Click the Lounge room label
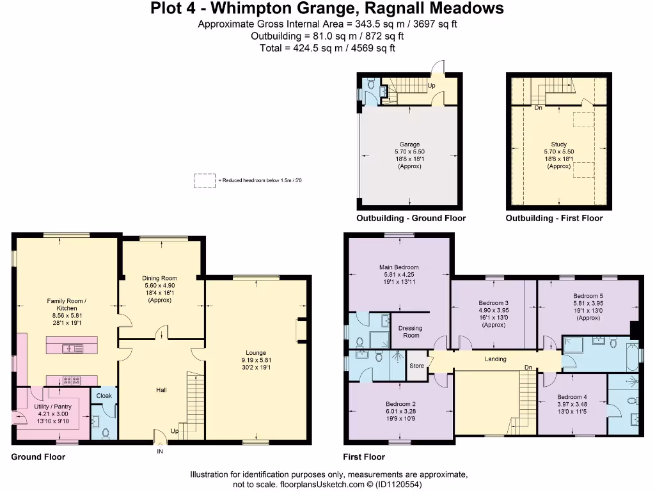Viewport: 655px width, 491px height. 256,353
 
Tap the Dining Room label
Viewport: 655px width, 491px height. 159,278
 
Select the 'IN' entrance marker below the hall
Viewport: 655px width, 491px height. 160,451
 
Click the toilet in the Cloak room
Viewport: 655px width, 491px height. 106,433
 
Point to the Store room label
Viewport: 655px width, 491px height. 416,366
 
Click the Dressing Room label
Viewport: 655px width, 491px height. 411,332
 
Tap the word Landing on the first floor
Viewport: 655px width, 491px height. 496,359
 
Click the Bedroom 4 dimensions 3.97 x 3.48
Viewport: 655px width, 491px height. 572,404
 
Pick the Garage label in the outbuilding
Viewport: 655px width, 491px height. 409,144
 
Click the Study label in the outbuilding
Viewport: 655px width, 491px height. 558,144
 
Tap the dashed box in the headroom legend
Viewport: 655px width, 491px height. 205,181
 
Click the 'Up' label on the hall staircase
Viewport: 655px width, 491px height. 175,432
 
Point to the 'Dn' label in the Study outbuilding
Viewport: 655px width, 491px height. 539,107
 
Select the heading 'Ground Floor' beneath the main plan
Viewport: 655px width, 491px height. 38,456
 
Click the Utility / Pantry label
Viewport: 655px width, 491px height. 52,407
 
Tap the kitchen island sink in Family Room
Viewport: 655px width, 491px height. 73,348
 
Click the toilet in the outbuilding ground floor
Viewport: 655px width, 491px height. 371,85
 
